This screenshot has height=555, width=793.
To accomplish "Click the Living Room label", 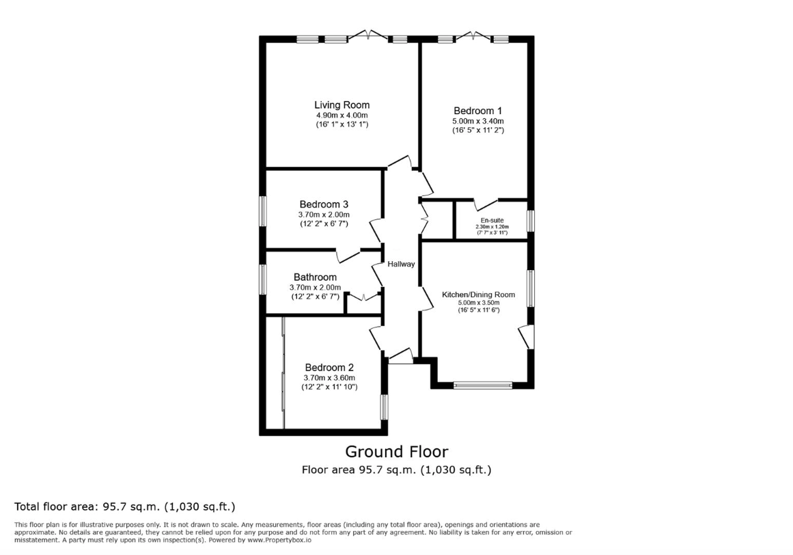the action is [342, 105].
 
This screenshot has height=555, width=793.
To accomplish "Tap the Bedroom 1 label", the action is [478, 111].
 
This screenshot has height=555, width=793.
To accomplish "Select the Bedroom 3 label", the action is [324, 204].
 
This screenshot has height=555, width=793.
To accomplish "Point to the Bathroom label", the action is [315, 277].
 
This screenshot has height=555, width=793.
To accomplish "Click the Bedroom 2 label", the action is [329, 368].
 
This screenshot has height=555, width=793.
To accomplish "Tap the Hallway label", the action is [401, 264].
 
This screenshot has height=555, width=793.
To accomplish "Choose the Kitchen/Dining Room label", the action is [478, 295].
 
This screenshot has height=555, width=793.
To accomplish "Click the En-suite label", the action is [492, 221].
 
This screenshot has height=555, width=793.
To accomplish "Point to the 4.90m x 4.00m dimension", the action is [342, 116].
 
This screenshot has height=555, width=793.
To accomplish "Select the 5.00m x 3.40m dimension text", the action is [478, 122].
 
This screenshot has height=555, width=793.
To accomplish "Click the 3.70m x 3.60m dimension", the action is [329, 378].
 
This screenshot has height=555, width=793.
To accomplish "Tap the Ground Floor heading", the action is [396, 451].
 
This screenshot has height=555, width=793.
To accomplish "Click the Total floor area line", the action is [124, 506].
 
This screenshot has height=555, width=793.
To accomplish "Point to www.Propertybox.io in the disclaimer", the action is [279, 540].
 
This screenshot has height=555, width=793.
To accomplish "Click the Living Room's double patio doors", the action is [368, 36].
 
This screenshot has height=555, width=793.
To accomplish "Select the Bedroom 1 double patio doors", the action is [473, 36].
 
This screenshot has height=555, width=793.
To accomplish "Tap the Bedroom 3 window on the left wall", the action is [263, 211].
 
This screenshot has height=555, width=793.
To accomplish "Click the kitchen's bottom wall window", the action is [483, 385].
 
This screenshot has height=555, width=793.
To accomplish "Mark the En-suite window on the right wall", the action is [531, 221].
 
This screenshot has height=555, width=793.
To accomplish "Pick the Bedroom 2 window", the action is [385, 407].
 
